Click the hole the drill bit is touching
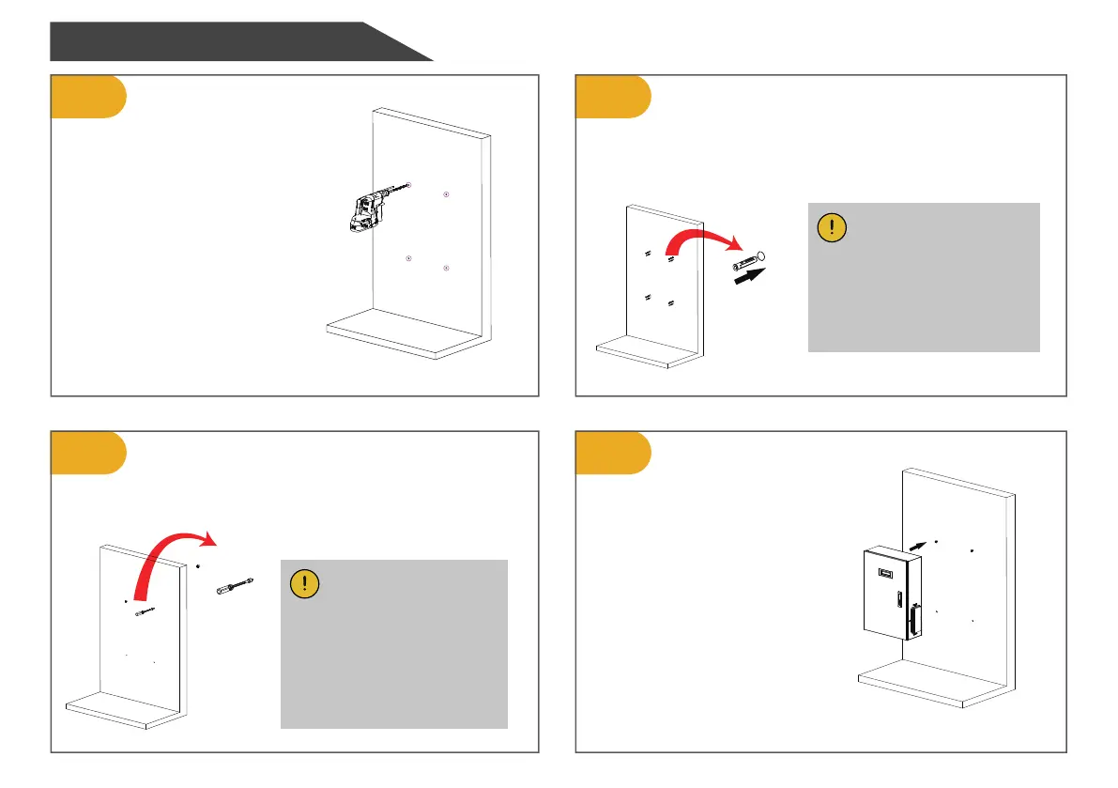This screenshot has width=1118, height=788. pos(409,186)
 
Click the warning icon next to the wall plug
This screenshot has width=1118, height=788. pos(833,228)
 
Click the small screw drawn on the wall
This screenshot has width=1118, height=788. pos(145,612)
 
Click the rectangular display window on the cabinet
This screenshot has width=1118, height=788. pos(884,573)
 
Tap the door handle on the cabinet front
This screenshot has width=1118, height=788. pos(898,601)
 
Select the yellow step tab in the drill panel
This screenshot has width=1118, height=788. pos(87,97)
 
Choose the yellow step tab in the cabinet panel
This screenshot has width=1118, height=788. pos(613,453)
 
